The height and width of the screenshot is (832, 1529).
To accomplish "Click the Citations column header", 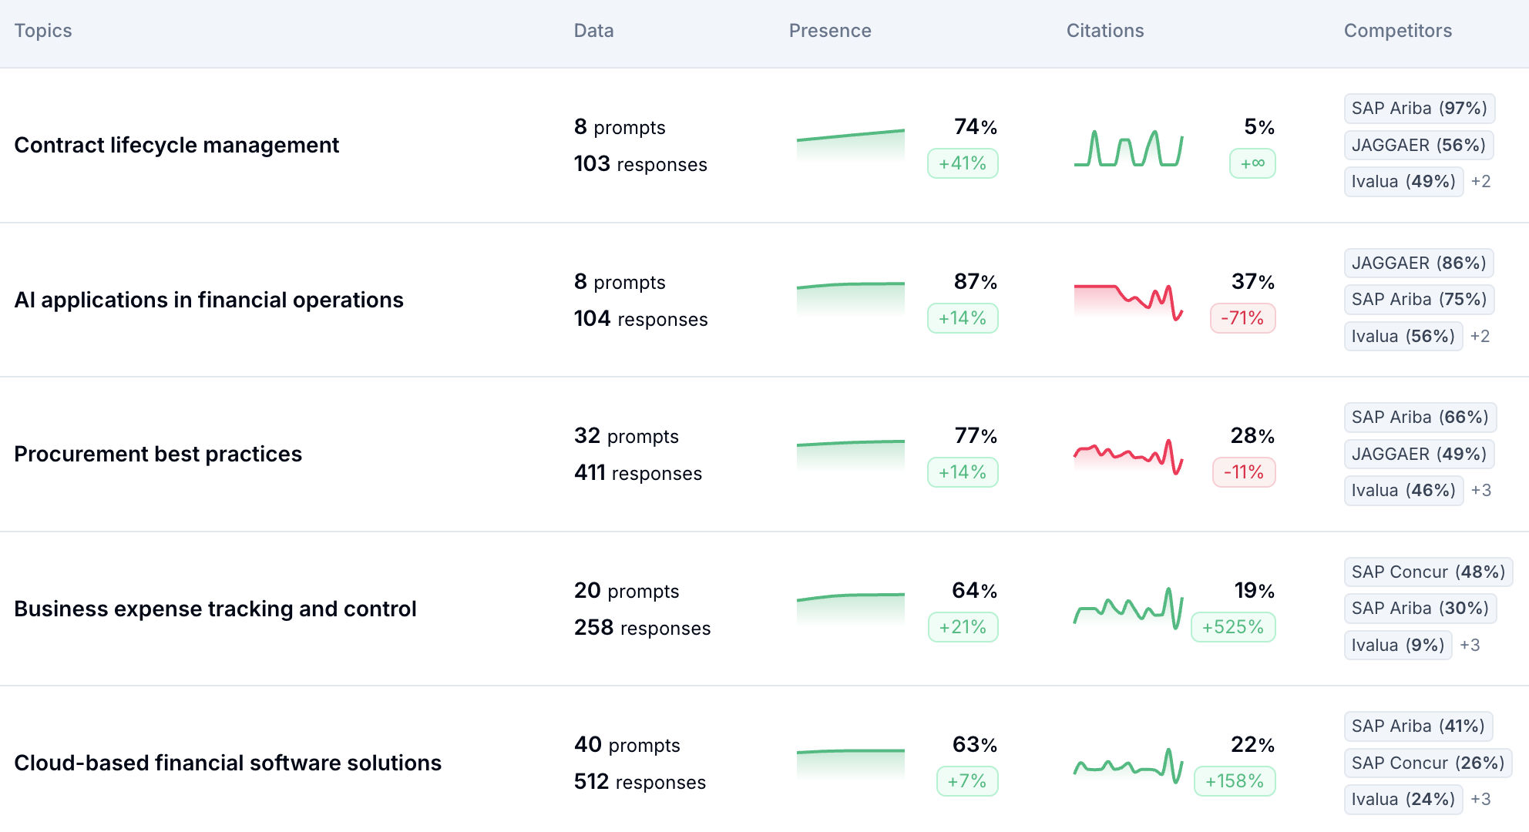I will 1104,31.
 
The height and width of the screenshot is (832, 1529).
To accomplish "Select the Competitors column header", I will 1397,31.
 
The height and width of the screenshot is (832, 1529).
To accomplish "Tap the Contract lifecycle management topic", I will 176,145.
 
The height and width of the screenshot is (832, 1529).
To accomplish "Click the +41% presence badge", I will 963,163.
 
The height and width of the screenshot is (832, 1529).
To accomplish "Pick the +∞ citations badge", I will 1252,163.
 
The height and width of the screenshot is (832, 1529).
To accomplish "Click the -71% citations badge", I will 1242,318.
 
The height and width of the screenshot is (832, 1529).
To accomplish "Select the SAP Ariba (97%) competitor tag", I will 1419,108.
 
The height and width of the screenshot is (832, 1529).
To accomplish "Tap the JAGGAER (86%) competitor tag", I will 1419,263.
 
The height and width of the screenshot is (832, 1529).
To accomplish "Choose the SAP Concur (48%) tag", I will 1427,572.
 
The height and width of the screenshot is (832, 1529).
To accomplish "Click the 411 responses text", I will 637,473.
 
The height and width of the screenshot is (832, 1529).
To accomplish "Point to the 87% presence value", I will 975,282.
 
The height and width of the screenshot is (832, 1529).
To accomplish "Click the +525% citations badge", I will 1233,627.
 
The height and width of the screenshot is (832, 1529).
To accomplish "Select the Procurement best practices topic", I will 158,454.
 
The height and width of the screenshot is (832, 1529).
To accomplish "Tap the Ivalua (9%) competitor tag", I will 1397,645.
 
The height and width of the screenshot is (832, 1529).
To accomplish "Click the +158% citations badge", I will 1235,781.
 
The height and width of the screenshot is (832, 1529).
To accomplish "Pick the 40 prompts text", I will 627,745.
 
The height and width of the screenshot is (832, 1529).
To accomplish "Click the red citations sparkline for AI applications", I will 1128,300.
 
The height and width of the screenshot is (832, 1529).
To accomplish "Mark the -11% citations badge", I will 1244,472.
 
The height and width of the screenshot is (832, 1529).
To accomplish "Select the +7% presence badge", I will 967,781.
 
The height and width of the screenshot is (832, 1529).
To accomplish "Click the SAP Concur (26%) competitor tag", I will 1427,763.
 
